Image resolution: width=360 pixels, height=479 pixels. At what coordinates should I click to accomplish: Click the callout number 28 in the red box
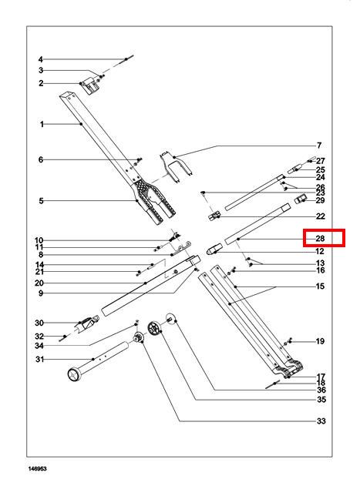click(x=320, y=238)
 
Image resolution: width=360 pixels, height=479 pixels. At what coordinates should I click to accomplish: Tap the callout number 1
click(x=42, y=124)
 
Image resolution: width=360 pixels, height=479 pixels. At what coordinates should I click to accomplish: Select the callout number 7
click(x=319, y=146)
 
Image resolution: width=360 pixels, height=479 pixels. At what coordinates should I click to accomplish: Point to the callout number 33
click(x=321, y=421)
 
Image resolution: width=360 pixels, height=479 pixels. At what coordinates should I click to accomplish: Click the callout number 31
click(x=40, y=359)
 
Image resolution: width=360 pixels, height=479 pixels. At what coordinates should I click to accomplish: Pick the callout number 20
click(x=39, y=283)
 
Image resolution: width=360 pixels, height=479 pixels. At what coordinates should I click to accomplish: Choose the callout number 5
click(x=41, y=201)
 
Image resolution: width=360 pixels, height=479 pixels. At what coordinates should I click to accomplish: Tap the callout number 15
click(x=320, y=286)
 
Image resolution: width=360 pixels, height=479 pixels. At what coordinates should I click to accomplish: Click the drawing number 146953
click(x=38, y=469)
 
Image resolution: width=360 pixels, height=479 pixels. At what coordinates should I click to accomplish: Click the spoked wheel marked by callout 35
click(x=153, y=328)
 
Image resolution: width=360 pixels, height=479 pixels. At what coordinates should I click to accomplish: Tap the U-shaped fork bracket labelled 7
click(x=175, y=166)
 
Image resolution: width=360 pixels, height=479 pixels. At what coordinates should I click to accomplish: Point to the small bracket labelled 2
click(x=91, y=85)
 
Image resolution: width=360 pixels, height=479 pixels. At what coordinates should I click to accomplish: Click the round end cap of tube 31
click(x=74, y=374)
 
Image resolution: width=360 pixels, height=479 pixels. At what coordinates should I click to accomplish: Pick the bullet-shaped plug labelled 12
click(x=215, y=250)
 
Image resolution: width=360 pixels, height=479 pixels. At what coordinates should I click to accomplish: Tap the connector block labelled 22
click(x=214, y=216)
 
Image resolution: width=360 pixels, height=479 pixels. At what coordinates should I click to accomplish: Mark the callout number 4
click(x=41, y=59)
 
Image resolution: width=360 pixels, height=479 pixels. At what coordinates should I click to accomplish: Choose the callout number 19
click(x=320, y=341)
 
